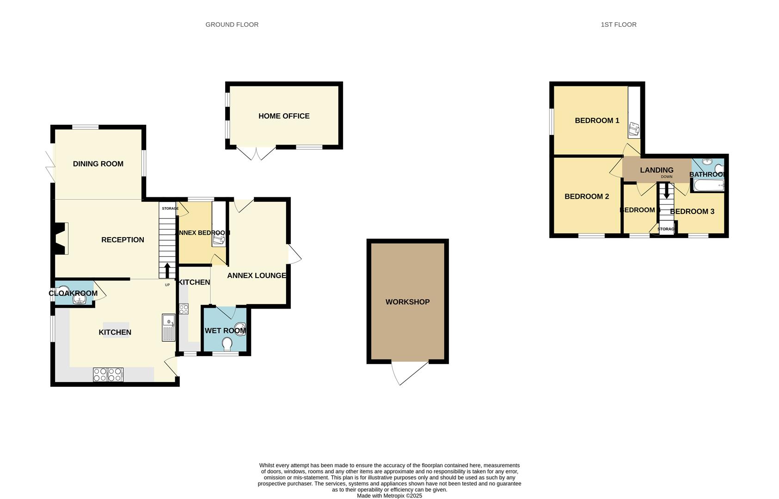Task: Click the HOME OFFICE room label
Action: click(x=284, y=116)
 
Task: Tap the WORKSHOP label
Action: click(x=407, y=302)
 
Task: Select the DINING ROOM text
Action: click(x=98, y=164)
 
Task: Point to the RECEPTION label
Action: click(x=123, y=240)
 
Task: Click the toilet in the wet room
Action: click(x=227, y=344)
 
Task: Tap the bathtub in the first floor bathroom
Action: click(x=708, y=186)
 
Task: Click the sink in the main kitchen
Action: click(x=169, y=328)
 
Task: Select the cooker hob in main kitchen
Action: click(x=108, y=374)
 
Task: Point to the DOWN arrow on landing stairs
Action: click(x=666, y=191)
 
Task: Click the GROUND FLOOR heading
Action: click(x=232, y=24)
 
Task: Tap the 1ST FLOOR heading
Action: click(x=618, y=24)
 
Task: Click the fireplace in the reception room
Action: click(x=61, y=238)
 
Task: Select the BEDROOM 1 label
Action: click(x=596, y=121)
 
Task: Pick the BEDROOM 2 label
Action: click(x=586, y=196)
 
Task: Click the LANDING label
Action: click(x=656, y=170)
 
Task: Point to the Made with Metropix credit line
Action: click(x=389, y=496)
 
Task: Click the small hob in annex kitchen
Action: click(x=184, y=309)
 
